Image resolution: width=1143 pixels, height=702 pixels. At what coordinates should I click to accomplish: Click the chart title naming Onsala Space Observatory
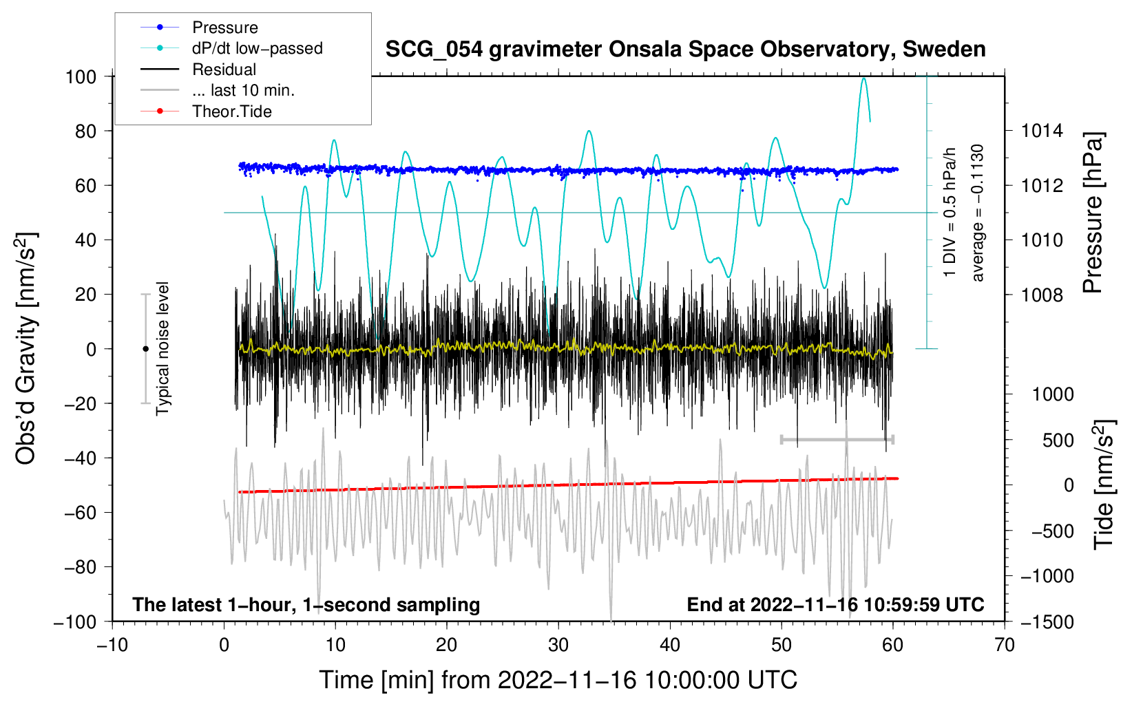pyautogui.click(x=685, y=50)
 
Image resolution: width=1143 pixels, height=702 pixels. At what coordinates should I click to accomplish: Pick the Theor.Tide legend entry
pyautogui.click(x=231, y=111)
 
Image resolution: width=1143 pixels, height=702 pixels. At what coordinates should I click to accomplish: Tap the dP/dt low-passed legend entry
pyautogui.click(x=257, y=48)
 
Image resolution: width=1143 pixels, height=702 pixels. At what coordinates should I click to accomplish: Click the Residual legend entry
pyautogui.click(x=224, y=70)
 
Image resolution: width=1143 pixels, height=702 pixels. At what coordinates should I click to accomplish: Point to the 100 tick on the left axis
pyautogui.click(x=81, y=76)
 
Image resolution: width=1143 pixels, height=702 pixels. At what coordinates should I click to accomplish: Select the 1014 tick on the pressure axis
pyautogui.click(x=1042, y=131)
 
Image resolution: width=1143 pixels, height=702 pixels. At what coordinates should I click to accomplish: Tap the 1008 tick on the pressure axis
pyautogui.click(x=1042, y=295)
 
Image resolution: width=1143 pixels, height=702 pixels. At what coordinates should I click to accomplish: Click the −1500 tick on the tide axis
pyautogui.click(x=1047, y=621)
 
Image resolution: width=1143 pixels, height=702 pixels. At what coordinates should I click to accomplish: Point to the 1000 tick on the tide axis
pyautogui.click(x=1053, y=394)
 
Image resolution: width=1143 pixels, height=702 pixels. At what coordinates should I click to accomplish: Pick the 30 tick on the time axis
pyautogui.click(x=558, y=645)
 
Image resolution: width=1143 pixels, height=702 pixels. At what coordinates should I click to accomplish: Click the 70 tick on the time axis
pyautogui.click(x=1005, y=645)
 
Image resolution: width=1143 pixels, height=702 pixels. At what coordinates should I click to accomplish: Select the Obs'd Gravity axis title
pyautogui.click(x=25, y=348)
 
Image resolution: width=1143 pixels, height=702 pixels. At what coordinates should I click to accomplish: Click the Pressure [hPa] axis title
pyautogui.click(x=1093, y=213)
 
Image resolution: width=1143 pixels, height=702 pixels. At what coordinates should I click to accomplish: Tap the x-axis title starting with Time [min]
pyautogui.click(x=558, y=680)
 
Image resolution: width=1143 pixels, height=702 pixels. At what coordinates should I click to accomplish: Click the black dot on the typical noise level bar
pyautogui.click(x=145, y=349)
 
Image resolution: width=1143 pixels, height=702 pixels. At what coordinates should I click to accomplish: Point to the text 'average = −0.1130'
pyautogui.click(x=978, y=213)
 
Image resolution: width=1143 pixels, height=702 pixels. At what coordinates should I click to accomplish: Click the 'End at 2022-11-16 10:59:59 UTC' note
pyautogui.click(x=835, y=604)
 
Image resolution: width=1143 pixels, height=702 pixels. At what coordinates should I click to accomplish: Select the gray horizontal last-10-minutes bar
pyautogui.click(x=837, y=439)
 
